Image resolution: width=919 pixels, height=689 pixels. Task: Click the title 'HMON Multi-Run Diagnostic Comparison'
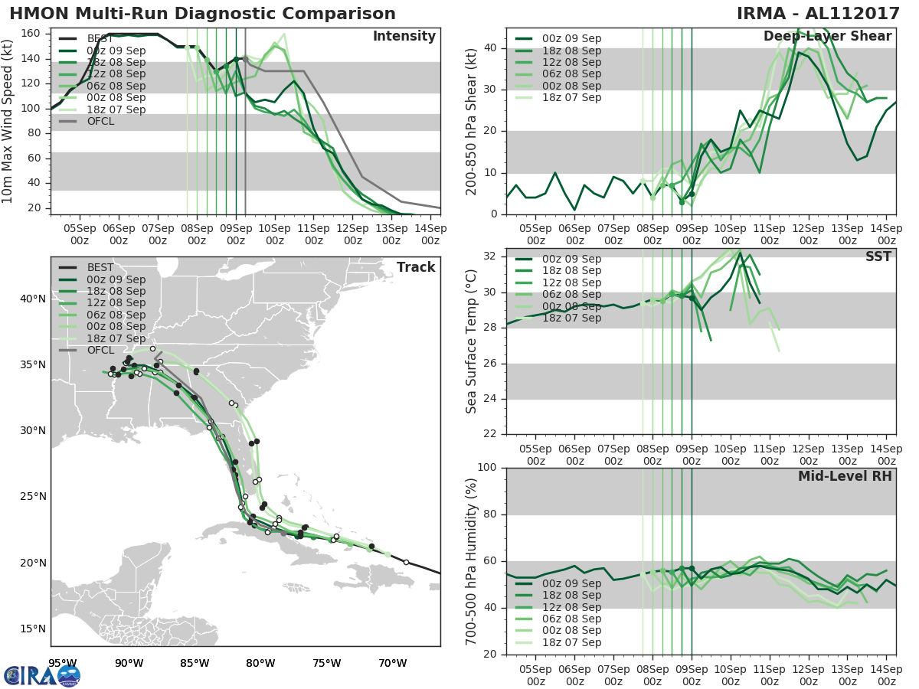coord(202,14)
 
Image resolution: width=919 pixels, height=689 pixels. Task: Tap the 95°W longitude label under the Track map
coord(62,663)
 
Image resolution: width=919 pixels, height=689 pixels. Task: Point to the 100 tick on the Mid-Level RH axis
coord(488,468)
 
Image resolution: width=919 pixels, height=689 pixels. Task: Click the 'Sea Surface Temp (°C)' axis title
coord(472,341)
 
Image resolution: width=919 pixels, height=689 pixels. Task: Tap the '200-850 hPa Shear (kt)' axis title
coord(472,122)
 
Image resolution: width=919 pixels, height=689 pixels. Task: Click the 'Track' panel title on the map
coord(415,267)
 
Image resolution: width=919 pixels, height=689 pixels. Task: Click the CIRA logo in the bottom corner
coord(41,675)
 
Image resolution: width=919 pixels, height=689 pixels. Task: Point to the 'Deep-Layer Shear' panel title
coord(827,37)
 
